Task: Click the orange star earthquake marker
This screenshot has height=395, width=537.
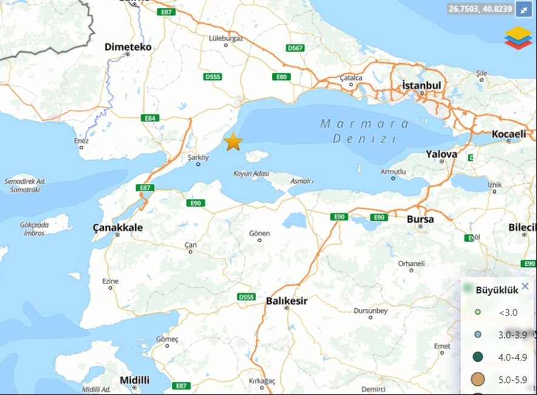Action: pos(233,142)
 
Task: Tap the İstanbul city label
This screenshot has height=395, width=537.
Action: pos(421,86)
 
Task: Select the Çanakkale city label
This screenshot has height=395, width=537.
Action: pos(118,228)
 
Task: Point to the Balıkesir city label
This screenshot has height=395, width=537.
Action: pos(286,300)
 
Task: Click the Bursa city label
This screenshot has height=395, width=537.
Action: pos(420,219)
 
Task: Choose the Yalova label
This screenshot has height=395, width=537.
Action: pos(441,154)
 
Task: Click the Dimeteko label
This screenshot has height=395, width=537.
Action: pos(127,47)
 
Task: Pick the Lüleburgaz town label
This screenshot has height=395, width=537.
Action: pos(226,38)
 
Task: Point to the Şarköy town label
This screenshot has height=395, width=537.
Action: pos(198,157)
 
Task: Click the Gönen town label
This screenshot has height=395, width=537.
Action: pos(260,234)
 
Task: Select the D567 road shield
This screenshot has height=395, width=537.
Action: pos(296,47)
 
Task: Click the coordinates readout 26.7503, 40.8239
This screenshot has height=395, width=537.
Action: pos(480,9)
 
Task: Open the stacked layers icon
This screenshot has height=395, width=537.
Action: pos(518,37)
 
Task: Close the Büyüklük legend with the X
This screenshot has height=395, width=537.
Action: pos(525,286)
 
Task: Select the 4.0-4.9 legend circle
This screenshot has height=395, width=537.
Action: pos(478,357)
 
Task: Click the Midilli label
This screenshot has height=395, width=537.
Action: pos(134,380)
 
